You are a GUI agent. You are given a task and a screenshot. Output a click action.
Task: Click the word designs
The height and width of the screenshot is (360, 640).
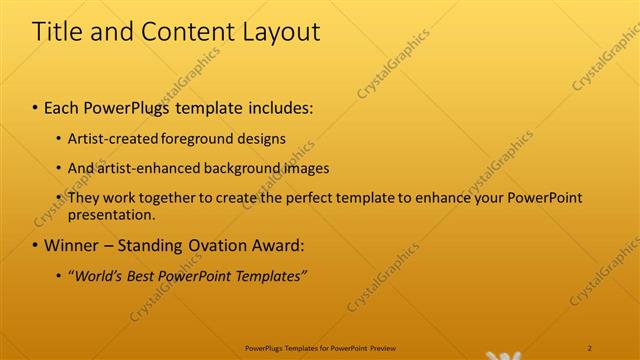pyautogui.click(x=259, y=138)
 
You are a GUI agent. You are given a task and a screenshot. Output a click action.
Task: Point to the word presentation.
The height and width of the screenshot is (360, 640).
pyautogui.click(x=111, y=214)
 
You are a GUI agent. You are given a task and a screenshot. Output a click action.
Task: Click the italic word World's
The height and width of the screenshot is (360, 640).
pyautogui.click(x=97, y=275)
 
